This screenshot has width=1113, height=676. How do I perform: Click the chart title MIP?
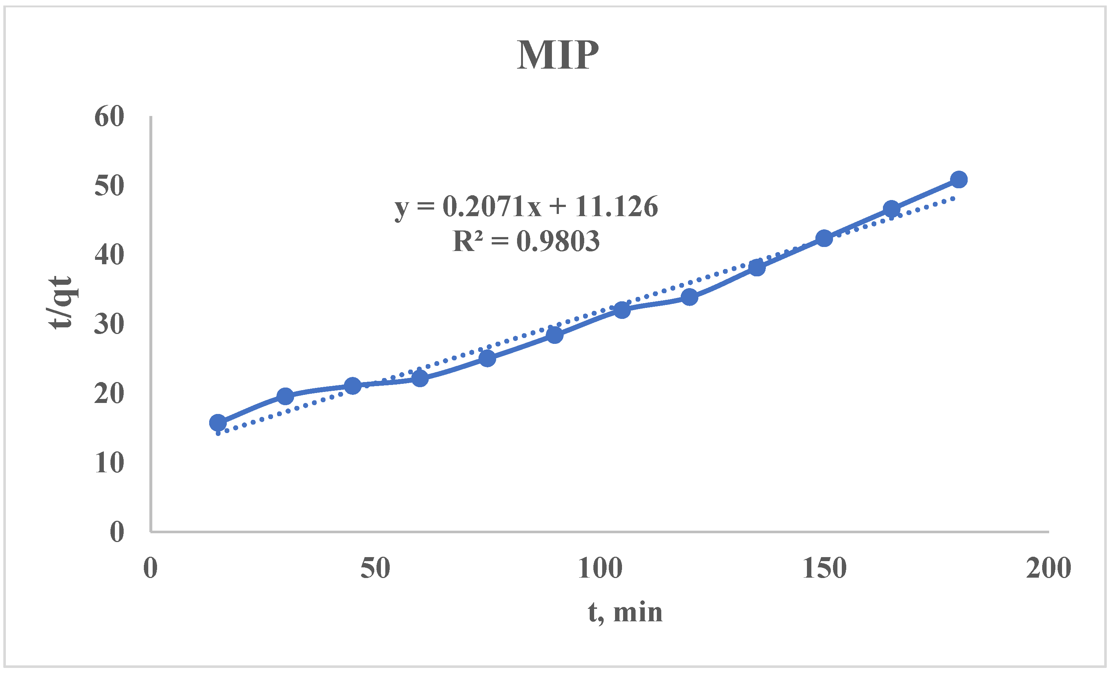click(557, 55)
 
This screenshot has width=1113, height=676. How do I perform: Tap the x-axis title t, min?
click(625, 613)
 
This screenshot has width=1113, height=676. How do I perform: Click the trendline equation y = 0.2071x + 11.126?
click(526, 207)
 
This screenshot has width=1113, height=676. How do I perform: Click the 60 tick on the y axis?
click(109, 117)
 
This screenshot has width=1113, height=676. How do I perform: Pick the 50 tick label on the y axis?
click(109, 186)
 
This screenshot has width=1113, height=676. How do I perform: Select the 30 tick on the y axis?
click(109, 324)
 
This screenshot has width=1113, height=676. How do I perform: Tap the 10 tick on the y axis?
click(109, 463)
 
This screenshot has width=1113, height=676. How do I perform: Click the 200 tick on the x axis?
click(1048, 568)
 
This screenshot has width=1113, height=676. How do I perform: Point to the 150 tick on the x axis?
click(824, 568)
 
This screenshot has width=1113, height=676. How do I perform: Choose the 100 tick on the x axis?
click(600, 568)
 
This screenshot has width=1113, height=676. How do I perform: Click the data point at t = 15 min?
click(218, 422)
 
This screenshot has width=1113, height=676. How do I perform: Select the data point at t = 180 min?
click(959, 179)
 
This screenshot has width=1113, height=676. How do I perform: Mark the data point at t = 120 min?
click(689, 297)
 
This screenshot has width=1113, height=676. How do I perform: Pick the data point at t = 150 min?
click(824, 238)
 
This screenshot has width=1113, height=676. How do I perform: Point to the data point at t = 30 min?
click(285, 396)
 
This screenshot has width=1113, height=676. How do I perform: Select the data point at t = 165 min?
click(892, 209)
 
